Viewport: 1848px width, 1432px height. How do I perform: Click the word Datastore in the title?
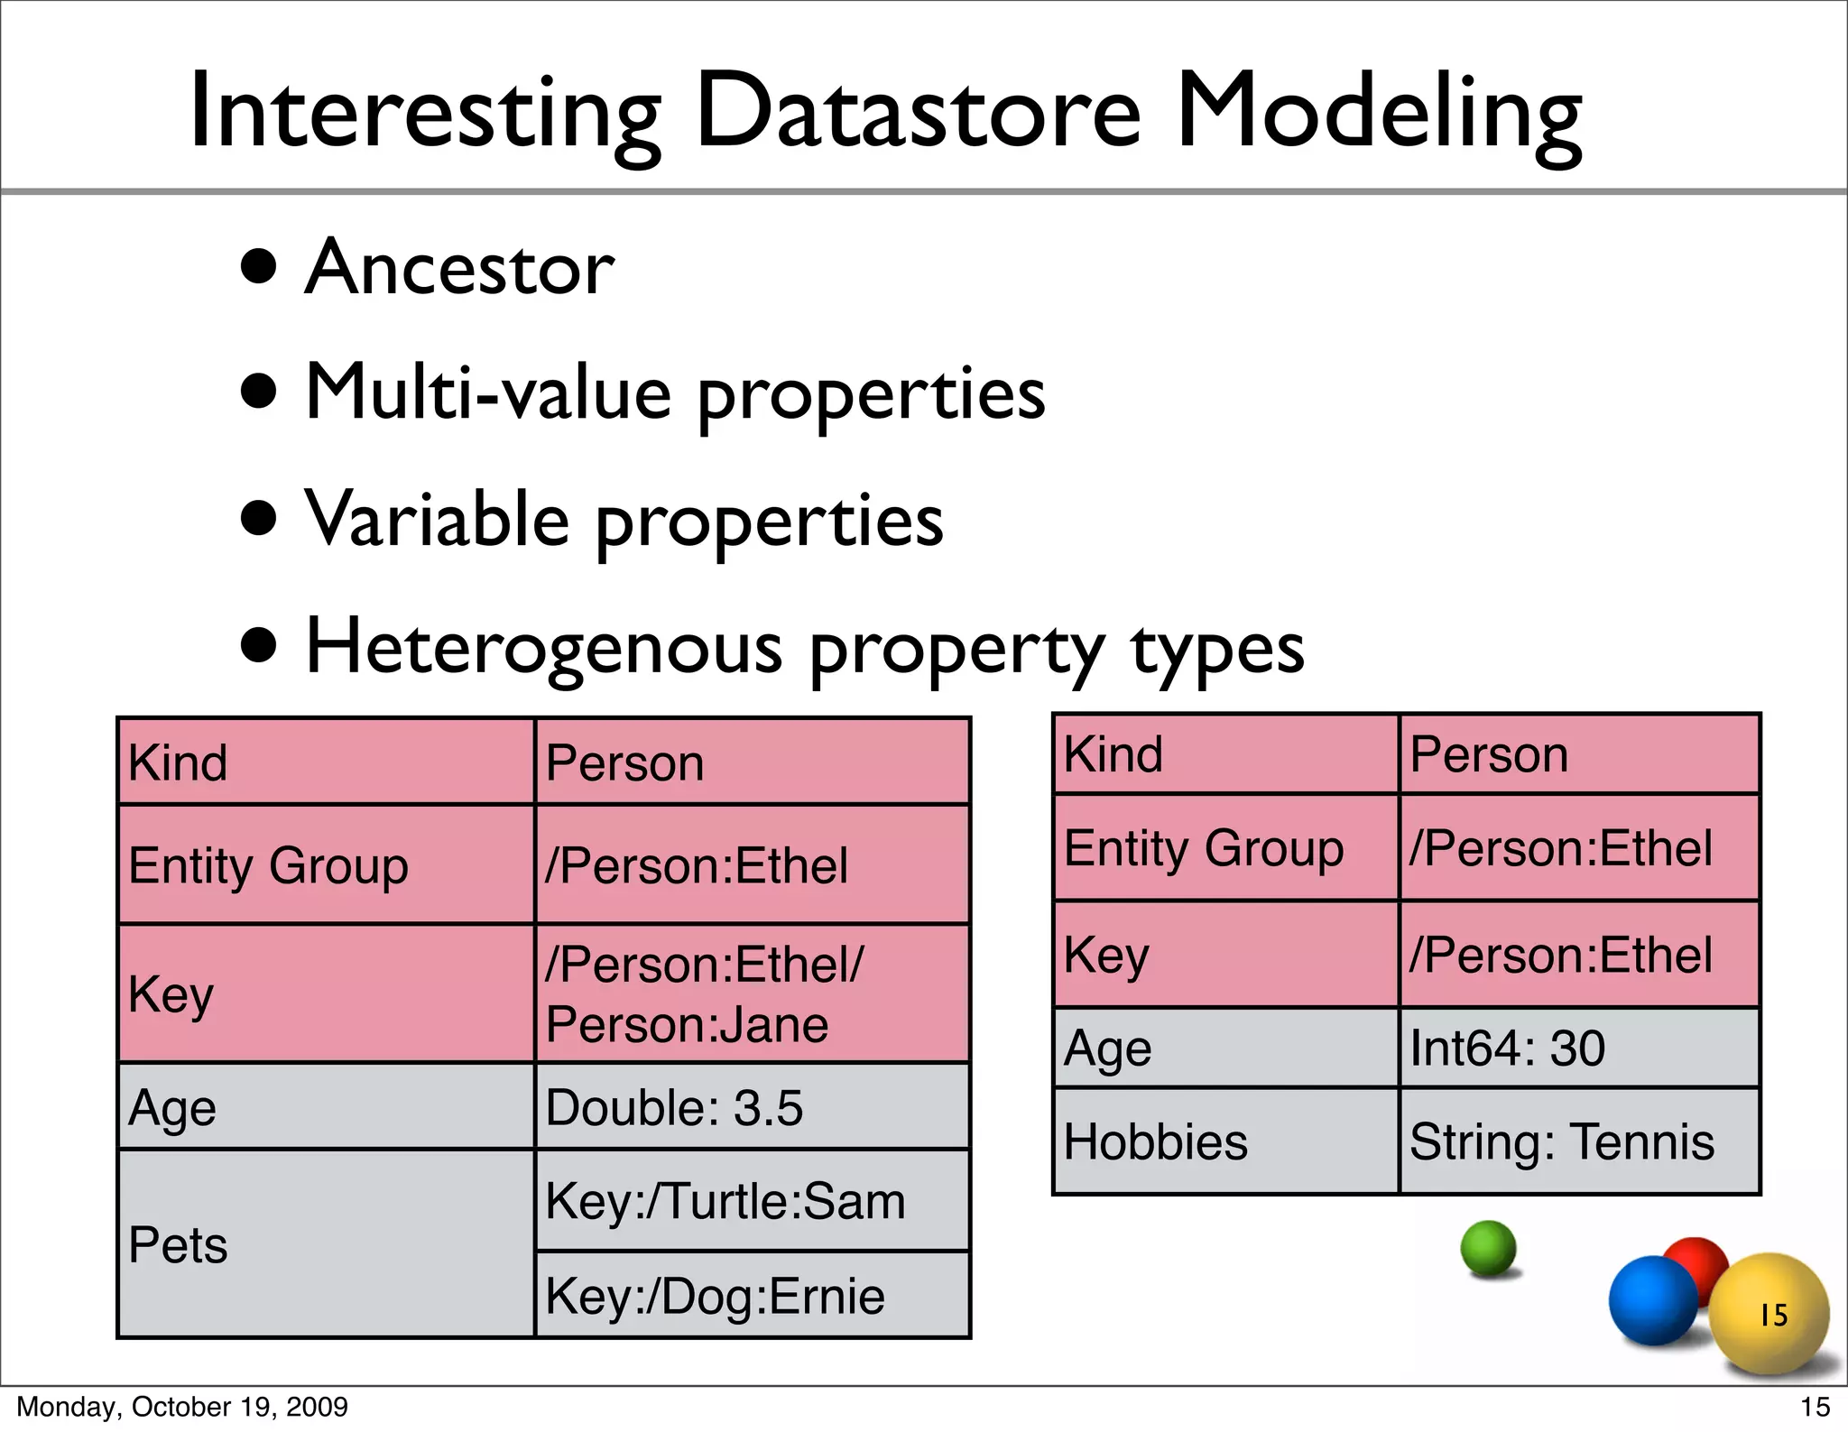pyautogui.click(x=919, y=113)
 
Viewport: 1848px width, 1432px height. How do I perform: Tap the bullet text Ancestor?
pyautogui.click(x=459, y=268)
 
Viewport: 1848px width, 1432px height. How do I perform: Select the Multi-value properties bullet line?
pyautogui.click(x=675, y=394)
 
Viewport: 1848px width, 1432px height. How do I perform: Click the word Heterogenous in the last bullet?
pyautogui.click(x=544, y=648)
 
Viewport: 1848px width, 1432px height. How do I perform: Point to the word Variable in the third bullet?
pyautogui.click(x=438, y=521)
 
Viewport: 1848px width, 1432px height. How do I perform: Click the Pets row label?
pyautogui.click(x=179, y=1245)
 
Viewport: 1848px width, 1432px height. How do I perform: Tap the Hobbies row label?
pyautogui.click(x=1156, y=1142)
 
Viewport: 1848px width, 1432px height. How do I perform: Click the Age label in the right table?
pyautogui.click(x=1107, y=1049)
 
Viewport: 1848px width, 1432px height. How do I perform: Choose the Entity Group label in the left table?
pyautogui.click(x=268, y=865)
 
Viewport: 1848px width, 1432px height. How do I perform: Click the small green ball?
pyautogui.click(x=1488, y=1248)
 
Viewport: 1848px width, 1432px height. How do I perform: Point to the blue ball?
pyautogui.click(x=1652, y=1300)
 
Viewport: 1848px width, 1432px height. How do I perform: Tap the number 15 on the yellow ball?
pyautogui.click(x=1773, y=1315)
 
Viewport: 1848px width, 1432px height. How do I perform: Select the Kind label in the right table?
pyautogui.click(x=1113, y=754)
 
